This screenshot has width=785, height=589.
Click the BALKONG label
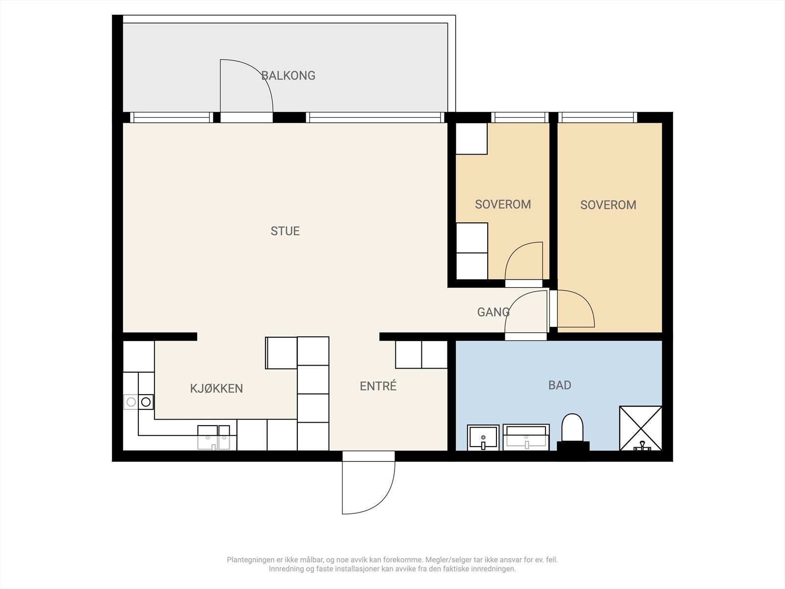[x=288, y=76]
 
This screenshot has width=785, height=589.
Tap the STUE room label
[x=285, y=231]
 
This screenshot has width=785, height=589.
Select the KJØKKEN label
[x=216, y=388]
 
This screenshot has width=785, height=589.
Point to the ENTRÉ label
[x=378, y=385]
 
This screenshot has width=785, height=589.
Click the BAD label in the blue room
[x=560, y=385]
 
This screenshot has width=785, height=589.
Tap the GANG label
[x=493, y=312]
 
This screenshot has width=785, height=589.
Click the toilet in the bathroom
[x=573, y=431]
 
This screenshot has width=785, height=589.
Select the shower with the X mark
[x=641, y=428]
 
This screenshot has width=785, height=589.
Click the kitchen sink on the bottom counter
[x=213, y=437]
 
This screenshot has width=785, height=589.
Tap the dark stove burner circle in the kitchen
[x=146, y=402]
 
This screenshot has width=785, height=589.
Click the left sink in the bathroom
[x=483, y=437]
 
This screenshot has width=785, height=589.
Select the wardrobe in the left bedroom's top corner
[x=471, y=139]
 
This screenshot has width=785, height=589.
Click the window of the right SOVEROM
[x=598, y=117]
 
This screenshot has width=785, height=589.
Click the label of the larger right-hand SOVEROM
[x=608, y=205]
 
